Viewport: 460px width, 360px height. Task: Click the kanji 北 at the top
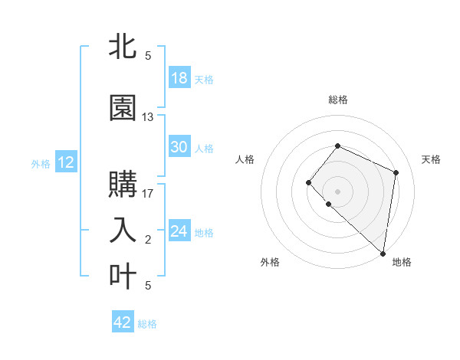(123, 47)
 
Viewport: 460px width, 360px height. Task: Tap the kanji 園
(123, 108)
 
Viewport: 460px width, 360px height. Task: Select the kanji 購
(123, 184)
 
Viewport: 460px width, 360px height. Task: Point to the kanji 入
(123, 230)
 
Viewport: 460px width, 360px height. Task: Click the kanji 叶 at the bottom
(123, 276)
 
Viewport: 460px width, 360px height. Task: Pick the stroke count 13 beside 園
(148, 117)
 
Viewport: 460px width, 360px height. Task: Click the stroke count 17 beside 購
(148, 193)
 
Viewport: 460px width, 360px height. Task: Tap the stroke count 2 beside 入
(148, 240)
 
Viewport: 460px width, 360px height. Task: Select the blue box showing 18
(179, 78)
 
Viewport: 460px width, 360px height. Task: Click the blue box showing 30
(179, 147)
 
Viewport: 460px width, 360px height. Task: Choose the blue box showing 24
(179, 231)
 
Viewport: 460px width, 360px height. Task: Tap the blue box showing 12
(66, 162)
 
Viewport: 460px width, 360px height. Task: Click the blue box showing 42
(123, 322)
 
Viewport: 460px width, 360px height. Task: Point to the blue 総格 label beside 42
(147, 324)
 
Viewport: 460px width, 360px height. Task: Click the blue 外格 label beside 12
(41, 163)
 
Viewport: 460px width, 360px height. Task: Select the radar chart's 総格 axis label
(337, 100)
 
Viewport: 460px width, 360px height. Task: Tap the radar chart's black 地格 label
(402, 263)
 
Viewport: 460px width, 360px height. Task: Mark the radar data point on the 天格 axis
(396, 172)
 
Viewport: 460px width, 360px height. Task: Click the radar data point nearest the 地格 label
(383, 254)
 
